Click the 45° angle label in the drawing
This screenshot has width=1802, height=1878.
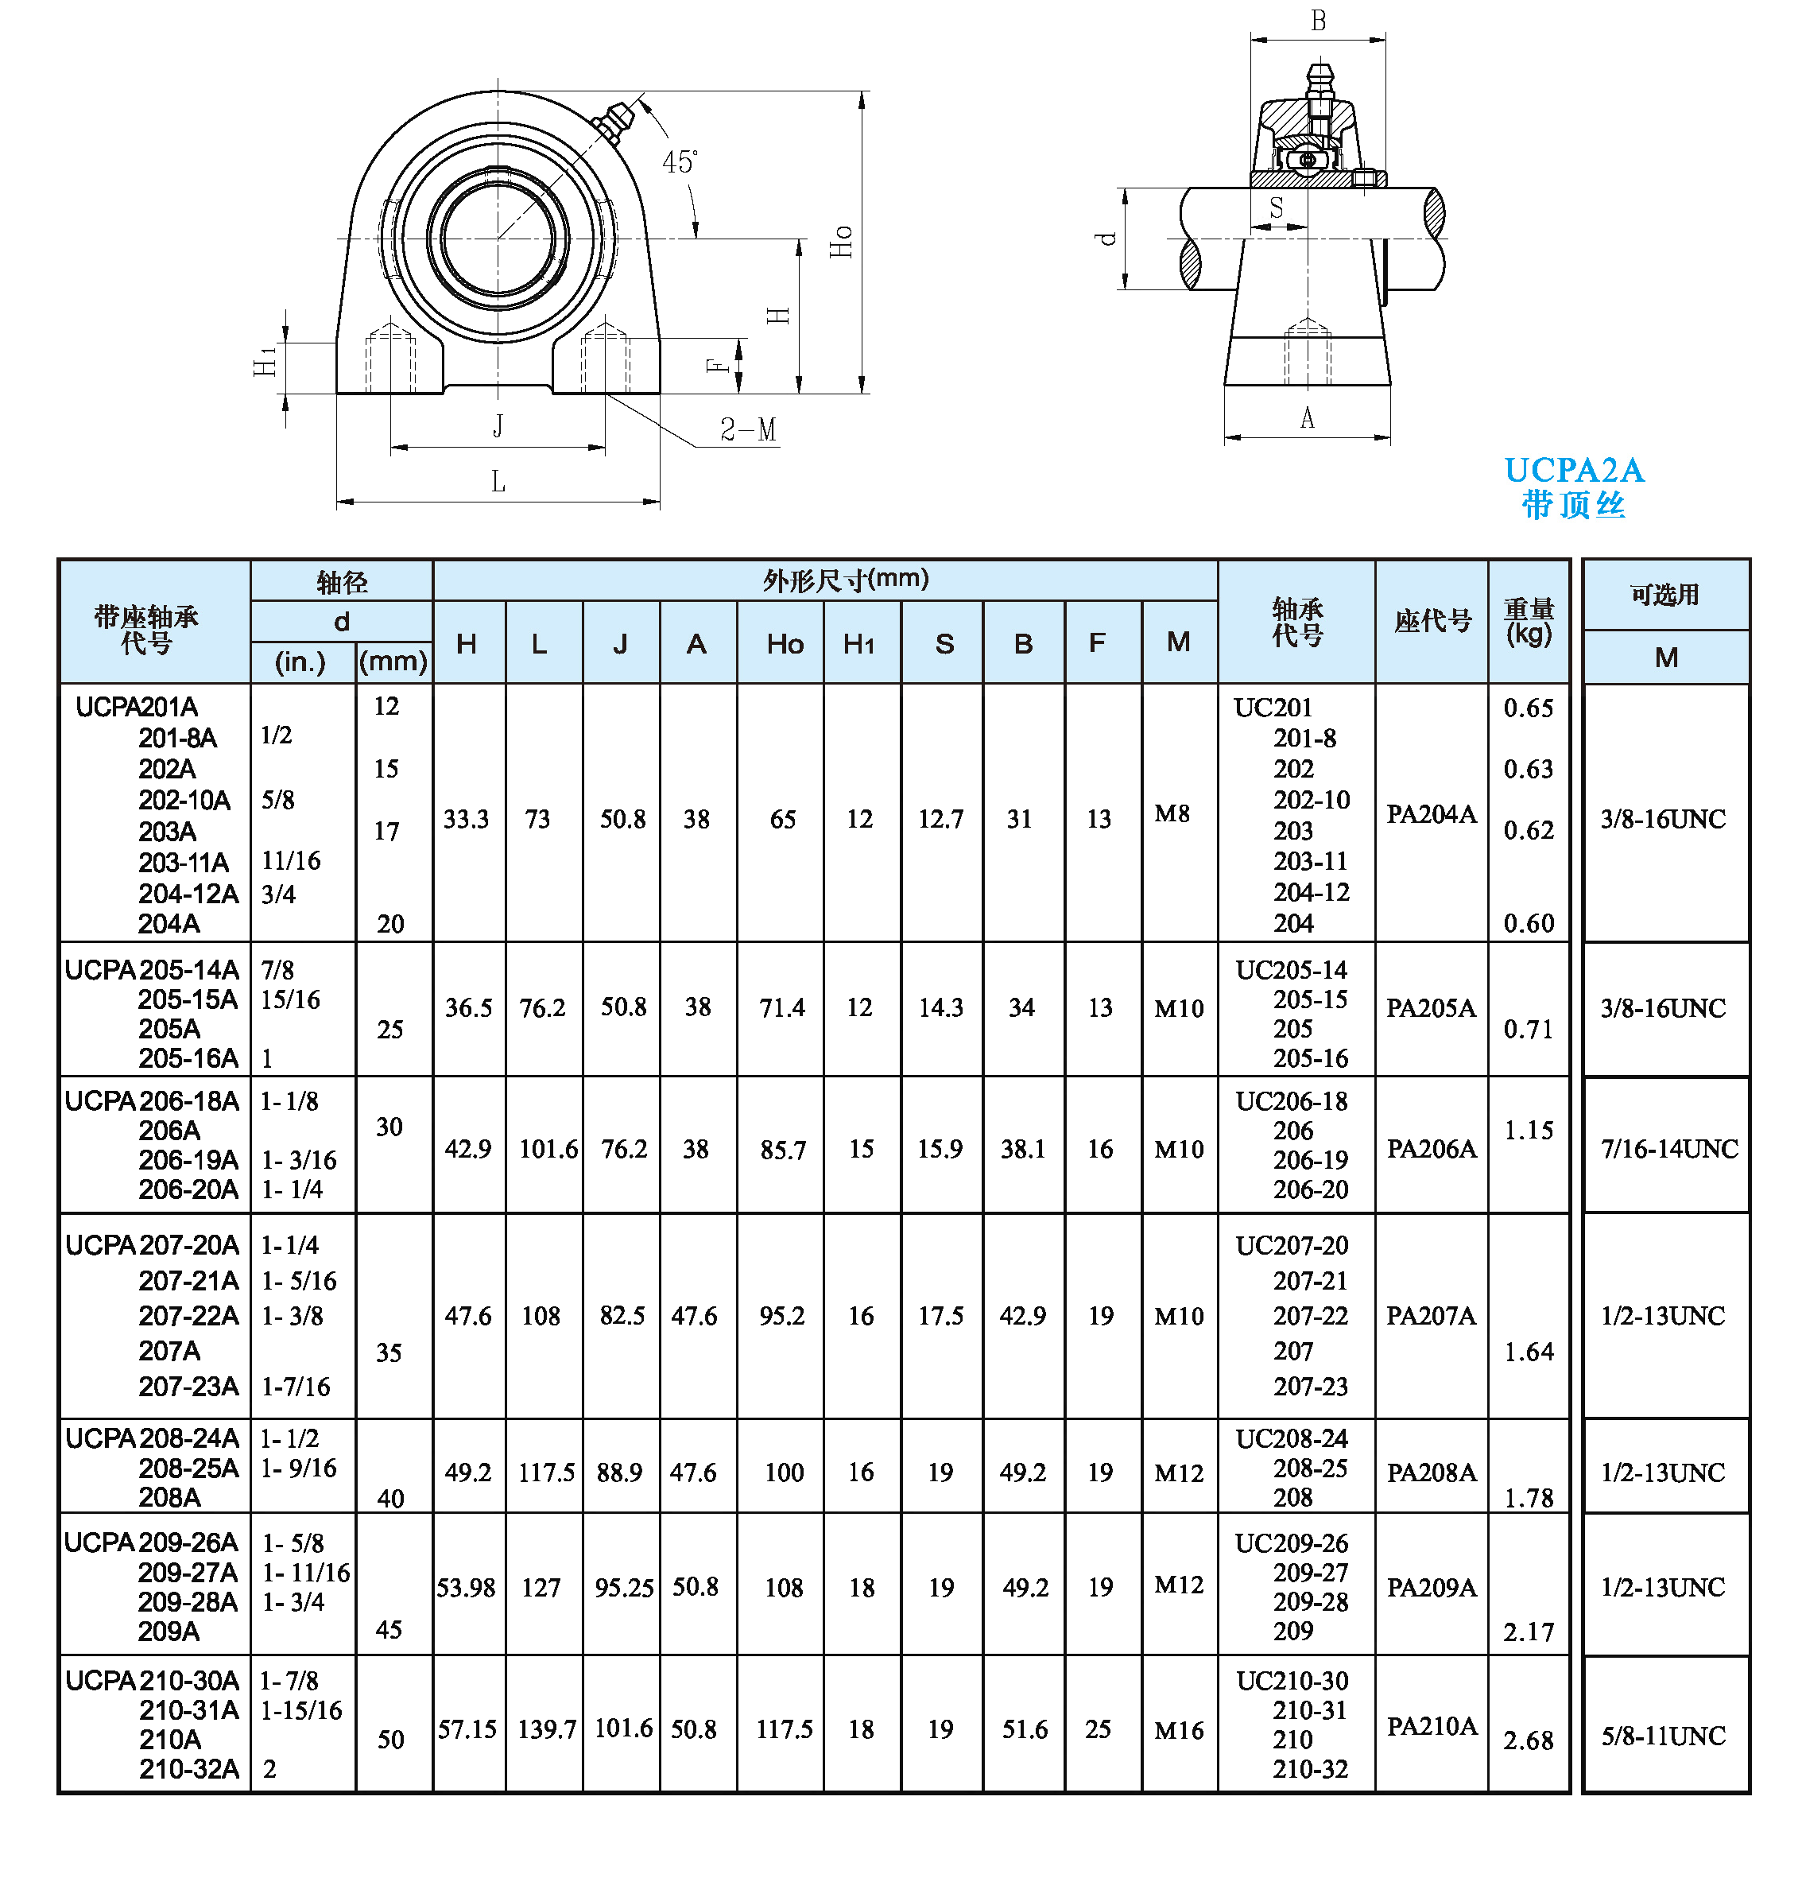click(679, 162)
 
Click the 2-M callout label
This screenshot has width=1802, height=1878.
click(747, 429)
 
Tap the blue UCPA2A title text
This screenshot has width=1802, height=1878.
click(1573, 471)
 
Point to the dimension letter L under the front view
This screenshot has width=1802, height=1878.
click(498, 481)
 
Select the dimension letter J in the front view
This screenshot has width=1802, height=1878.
click(498, 425)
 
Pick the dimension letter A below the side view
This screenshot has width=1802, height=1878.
click(1307, 417)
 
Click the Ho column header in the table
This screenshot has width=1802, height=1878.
click(785, 644)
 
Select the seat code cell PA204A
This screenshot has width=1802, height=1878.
click(1432, 813)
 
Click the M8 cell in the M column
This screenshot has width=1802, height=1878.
click(1172, 813)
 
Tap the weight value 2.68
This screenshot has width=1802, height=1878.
click(1528, 1739)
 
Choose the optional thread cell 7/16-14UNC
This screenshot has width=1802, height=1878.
click(1668, 1148)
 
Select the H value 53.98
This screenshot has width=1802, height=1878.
click(467, 1588)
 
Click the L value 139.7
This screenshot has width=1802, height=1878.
click(547, 1729)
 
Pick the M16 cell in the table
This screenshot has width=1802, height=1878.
click(1178, 1729)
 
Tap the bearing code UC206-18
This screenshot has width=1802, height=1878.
click(1292, 1101)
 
